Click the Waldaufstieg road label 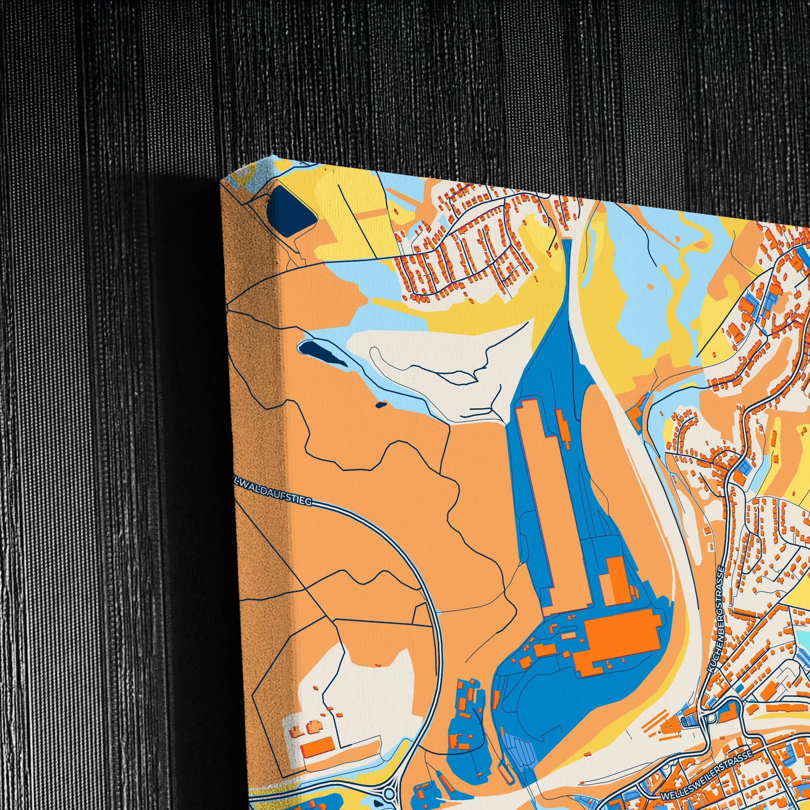(x=274, y=490)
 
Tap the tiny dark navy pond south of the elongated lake (x=380, y=405)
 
